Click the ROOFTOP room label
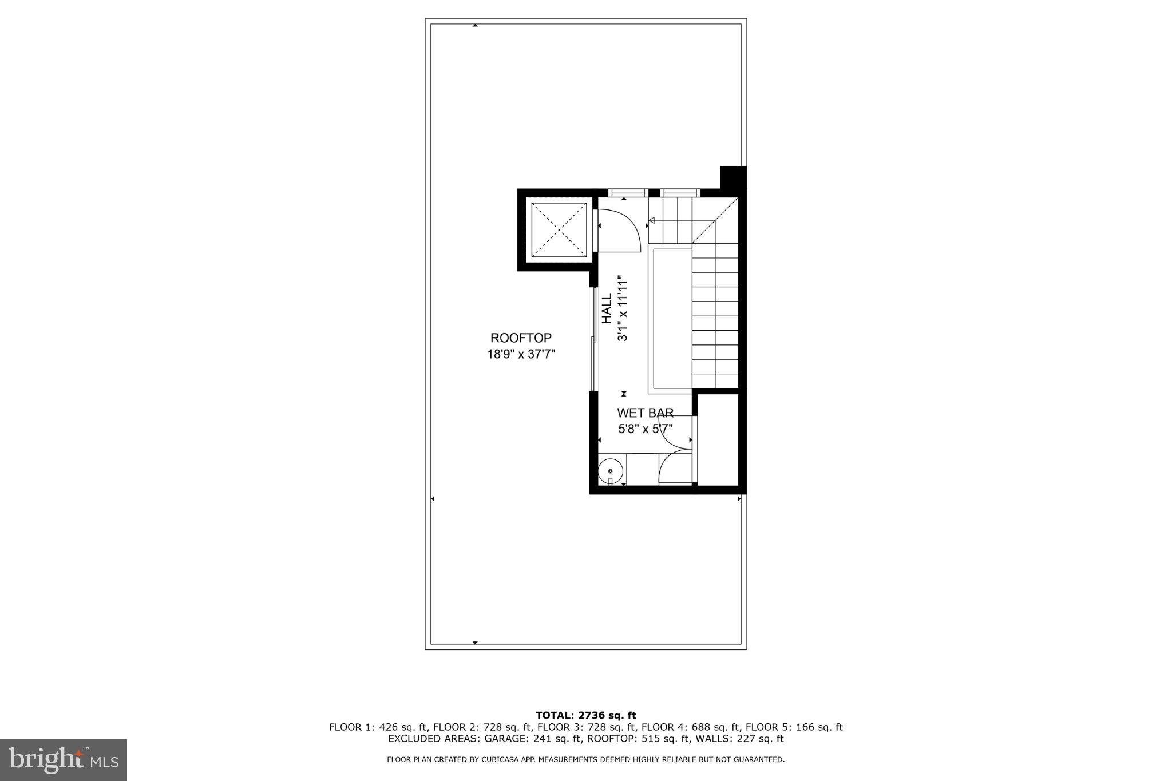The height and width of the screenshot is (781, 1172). (x=521, y=338)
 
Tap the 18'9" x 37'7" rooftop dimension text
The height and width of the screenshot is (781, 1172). (x=521, y=354)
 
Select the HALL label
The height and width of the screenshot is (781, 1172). (x=607, y=309)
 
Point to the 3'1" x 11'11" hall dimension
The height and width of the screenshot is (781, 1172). (x=623, y=309)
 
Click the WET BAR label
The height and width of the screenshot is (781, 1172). (x=645, y=413)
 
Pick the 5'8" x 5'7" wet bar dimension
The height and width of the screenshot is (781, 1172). (x=645, y=428)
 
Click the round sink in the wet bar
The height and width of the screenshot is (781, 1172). (x=610, y=471)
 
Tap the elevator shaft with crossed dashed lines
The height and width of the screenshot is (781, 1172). (x=559, y=230)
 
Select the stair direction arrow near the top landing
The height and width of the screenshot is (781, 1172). (x=652, y=220)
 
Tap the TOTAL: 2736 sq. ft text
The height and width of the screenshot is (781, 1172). (x=585, y=715)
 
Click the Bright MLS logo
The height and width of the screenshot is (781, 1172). (x=64, y=760)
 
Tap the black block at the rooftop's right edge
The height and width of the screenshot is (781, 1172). (x=733, y=177)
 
